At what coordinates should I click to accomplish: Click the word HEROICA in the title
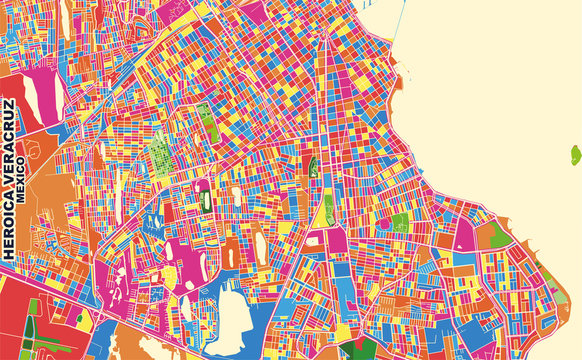click(10, 229)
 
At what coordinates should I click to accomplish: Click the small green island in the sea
click(575, 154)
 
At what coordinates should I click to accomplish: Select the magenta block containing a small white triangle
click(464, 235)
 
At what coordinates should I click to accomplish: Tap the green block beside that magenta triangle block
click(492, 236)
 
